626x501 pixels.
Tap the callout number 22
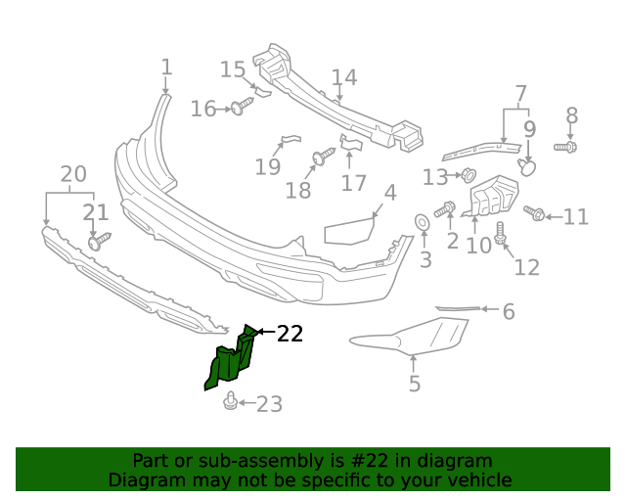click(x=290, y=334)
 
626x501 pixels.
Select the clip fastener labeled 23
click(x=230, y=401)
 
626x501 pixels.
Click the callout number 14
click(x=344, y=77)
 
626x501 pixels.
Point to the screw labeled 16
click(x=239, y=107)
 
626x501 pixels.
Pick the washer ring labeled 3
click(x=424, y=223)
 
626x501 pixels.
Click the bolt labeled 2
click(x=445, y=208)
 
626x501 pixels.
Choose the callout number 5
click(x=415, y=385)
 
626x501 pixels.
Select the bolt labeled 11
click(x=534, y=212)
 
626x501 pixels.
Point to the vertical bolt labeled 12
click(x=501, y=233)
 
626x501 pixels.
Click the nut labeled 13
click(x=468, y=176)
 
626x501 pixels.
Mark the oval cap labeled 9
click(x=527, y=167)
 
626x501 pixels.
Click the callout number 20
click(x=73, y=175)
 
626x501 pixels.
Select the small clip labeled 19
click(x=289, y=140)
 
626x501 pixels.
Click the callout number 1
click(x=166, y=68)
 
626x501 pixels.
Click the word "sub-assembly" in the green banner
click(x=245, y=461)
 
